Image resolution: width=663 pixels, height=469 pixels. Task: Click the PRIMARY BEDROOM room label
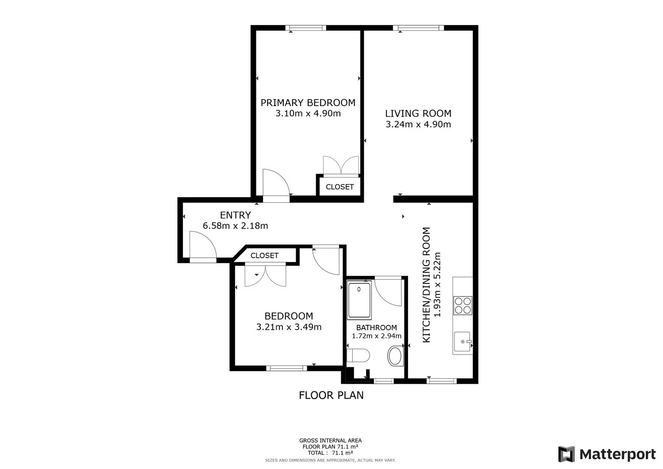pos(308,103)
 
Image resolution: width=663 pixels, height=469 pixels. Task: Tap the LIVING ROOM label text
pos(418,114)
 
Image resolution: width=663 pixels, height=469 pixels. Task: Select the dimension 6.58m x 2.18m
pos(235,226)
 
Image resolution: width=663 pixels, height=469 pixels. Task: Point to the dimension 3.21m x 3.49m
pos(289,327)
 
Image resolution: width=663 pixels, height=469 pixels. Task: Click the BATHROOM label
pos(377,328)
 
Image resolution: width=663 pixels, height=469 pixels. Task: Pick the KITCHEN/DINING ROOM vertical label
pos(426,285)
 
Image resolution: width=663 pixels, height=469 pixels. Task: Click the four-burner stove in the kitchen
pos(463,305)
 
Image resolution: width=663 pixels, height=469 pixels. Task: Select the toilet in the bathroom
pos(358,355)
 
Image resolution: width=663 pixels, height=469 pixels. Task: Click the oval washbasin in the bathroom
pos(395,355)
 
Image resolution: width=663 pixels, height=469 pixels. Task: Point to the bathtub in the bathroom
pos(359,300)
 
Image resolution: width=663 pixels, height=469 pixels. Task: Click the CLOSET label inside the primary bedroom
pos(340,187)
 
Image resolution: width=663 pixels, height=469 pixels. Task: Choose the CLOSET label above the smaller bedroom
pos(264,255)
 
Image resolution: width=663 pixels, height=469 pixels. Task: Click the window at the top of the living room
pos(418,28)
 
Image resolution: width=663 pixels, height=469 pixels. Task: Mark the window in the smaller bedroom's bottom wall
pos(286,368)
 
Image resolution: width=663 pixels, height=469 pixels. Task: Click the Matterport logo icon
pos(566,454)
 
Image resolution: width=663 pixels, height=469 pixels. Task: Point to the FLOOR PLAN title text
pos(331,395)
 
